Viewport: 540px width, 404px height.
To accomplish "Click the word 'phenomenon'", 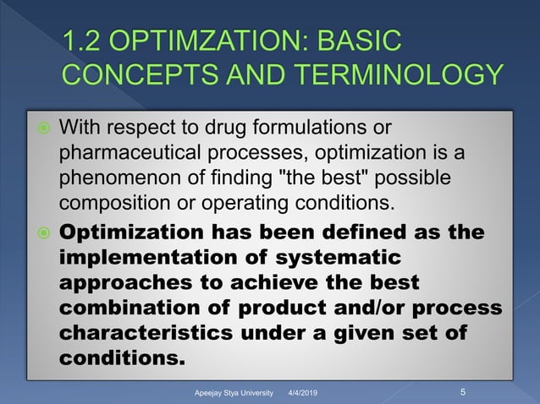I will point(112,180).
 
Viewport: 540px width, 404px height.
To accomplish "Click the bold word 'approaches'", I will point(118,281).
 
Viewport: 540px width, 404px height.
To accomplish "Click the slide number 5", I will point(463,392).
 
